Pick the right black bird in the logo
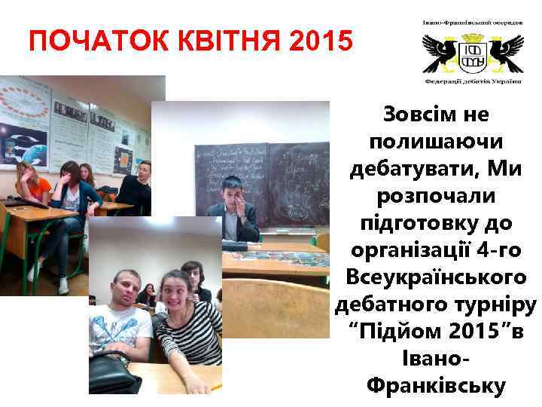click(504, 52)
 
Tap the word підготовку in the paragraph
click(426, 223)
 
